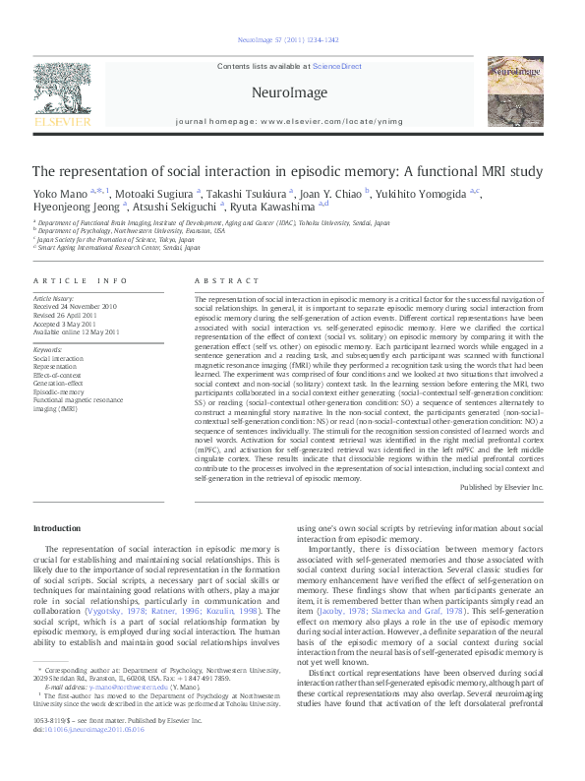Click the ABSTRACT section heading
click(219, 281)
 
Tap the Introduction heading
click(57, 529)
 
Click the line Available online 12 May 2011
click(77, 331)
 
